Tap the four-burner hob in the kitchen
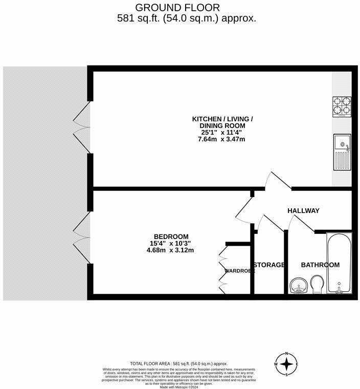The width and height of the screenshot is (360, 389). (342, 106)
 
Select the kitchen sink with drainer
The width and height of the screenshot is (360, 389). (342, 153)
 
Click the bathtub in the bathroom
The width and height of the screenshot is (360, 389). (339, 264)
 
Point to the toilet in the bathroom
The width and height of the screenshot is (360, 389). (317, 285)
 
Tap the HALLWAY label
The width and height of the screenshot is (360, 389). (303, 210)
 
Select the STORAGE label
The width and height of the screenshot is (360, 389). (269, 265)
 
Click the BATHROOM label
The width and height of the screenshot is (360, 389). (320, 265)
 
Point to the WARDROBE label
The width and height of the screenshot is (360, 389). (239, 270)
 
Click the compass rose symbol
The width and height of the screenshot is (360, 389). (288, 364)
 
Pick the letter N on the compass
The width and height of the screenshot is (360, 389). (288, 354)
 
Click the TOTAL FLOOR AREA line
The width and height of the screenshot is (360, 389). (179, 363)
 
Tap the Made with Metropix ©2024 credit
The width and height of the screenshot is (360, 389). (179, 387)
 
